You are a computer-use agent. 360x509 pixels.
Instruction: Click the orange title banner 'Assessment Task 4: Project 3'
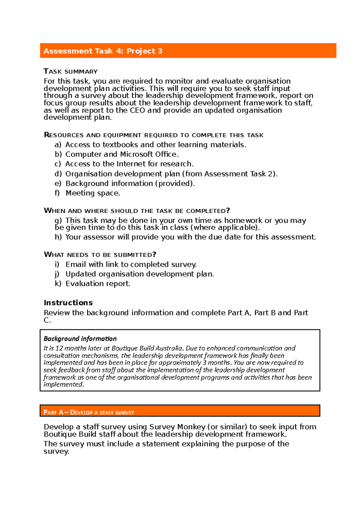pos(188,51)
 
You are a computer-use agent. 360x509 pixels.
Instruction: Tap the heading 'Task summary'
pos(70,71)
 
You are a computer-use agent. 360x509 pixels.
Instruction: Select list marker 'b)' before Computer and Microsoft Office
pos(58,154)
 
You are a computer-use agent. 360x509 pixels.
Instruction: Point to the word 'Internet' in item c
pos(131,164)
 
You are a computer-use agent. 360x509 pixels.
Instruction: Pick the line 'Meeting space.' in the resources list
pos(93,193)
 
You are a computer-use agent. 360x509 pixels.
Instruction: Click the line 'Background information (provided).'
pos(130,183)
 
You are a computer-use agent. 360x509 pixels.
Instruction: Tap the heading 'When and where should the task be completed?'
pos(136,210)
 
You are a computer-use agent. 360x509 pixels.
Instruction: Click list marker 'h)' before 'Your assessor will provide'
pos(58,237)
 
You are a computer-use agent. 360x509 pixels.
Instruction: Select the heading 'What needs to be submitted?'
pos(100,255)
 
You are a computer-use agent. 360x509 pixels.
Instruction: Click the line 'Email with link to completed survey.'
pos(131,264)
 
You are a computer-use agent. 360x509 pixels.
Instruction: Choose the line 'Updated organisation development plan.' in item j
pos(139,274)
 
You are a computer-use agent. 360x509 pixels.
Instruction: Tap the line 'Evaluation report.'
pos(98,283)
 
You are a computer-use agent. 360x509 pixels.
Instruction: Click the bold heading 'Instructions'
pos(68,302)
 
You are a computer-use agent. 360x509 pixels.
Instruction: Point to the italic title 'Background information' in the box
pos(80,338)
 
